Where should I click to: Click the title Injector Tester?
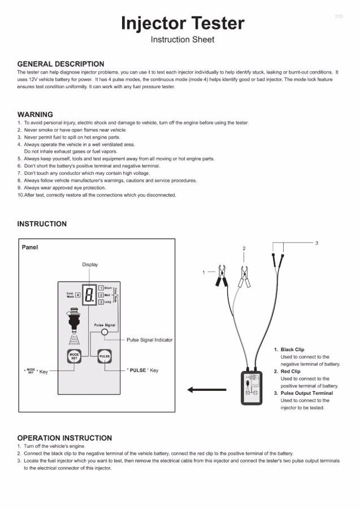pyautogui.click(x=183, y=23)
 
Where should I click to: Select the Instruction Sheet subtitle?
pyautogui.click(x=183, y=40)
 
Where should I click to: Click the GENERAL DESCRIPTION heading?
pyautogui.click(x=60, y=64)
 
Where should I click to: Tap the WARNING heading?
pyautogui.click(x=35, y=114)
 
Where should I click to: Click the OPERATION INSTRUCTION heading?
pyautogui.click(x=64, y=438)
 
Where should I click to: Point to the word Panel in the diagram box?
pyautogui.click(x=30, y=247)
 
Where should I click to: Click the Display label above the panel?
pyautogui.click(x=90, y=264)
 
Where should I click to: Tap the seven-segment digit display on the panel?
pyautogui.click(x=90, y=294)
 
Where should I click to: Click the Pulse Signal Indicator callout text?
pyautogui.click(x=149, y=340)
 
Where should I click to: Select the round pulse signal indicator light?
pyautogui.click(x=104, y=333)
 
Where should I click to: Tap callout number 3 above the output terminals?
pyautogui.click(x=316, y=243)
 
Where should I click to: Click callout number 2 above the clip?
pyautogui.click(x=244, y=248)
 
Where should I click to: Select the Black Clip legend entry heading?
pyautogui.click(x=292, y=350)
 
